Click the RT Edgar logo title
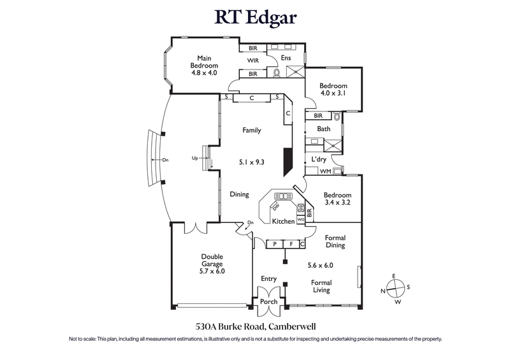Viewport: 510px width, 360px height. click(x=255, y=17)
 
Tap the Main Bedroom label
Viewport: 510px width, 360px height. click(x=204, y=66)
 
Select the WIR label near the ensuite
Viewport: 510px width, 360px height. click(x=253, y=61)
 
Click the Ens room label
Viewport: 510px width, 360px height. click(x=286, y=58)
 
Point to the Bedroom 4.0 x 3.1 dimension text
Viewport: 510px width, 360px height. click(x=333, y=94)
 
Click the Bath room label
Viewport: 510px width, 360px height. click(x=324, y=129)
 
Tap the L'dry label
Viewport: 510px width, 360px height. click(x=319, y=159)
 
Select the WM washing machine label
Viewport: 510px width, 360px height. click(x=324, y=171)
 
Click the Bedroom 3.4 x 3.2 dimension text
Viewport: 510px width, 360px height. click(x=337, y=203)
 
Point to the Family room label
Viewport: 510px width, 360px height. click(x=252, y=130)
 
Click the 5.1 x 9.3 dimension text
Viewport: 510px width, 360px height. click(x=252, y=162)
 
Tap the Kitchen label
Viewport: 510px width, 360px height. click(x=283, y=221)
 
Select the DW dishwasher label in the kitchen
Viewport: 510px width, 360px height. click(x=276, y=206)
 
